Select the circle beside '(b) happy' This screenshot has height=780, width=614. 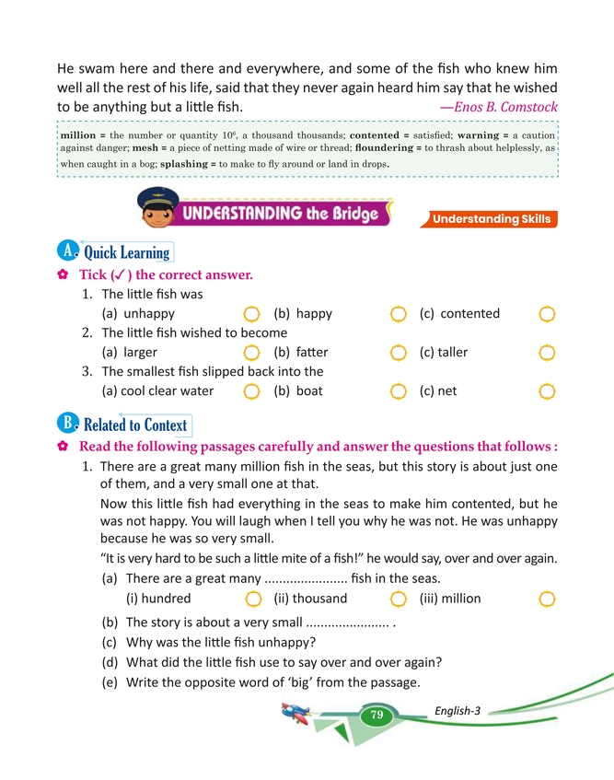(399, 315)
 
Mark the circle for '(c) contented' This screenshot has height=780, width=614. (547, 315)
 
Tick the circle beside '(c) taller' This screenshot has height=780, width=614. (547, 354)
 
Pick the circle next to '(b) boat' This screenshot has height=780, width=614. (399, 392)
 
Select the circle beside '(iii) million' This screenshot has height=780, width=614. (547, 600)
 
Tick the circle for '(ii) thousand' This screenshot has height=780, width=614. (399, 600)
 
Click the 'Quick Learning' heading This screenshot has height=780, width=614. (126, 251)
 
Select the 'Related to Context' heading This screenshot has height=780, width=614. (134, 425)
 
